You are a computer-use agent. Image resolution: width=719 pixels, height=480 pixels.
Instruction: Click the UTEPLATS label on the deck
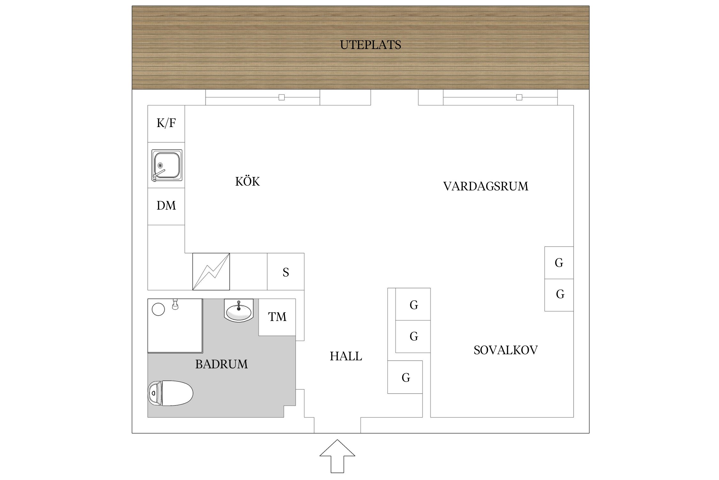tap(370, 45)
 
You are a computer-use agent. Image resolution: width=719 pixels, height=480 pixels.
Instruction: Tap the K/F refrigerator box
tap(166, 124)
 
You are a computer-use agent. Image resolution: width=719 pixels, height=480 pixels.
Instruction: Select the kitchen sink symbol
tap(166, 165)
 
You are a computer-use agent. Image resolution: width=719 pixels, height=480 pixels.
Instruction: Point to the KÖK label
tap(247, 182)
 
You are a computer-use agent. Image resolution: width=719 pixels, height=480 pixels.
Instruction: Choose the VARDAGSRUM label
tap(486, 187)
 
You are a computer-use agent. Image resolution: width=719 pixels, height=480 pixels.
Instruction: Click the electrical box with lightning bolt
tap(211, 272)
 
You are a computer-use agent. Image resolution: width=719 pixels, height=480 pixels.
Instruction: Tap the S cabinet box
tap(286, 272)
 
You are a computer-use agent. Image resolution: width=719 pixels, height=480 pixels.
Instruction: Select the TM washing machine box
tap(277, 317)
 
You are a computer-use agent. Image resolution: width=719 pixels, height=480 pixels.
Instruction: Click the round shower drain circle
tap(158, 309)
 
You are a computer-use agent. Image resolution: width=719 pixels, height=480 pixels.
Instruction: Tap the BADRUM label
tap(221, 364)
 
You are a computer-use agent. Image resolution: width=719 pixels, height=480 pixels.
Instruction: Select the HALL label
tap(346, 356)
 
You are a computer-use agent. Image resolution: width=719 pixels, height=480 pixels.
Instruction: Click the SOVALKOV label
tap(506, 350)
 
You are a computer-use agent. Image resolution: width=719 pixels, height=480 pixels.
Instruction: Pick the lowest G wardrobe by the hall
tap(405, 377)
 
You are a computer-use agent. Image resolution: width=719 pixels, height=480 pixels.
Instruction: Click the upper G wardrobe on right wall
tap(559, 263)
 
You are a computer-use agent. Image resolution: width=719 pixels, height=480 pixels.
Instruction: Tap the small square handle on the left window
tap(282, 97)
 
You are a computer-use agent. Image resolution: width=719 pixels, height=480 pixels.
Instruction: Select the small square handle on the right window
tap(519, 97)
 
